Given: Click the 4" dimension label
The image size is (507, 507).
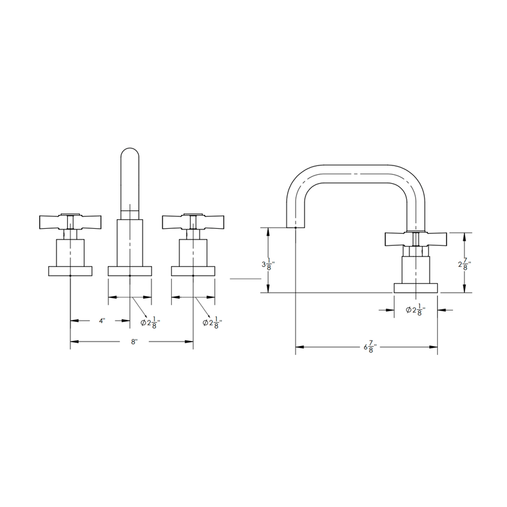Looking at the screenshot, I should pos(101,321).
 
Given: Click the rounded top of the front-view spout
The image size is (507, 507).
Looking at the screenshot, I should pos(129,155).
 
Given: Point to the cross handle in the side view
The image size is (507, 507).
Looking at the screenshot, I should pos(416,240).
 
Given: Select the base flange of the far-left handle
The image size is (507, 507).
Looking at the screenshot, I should pos(70,271).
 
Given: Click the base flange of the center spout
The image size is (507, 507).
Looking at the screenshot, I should pos(130,271).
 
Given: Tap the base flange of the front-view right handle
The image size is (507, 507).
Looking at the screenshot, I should pos(193,271).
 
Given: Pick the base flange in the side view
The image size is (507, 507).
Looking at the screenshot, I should pos(416,286).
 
